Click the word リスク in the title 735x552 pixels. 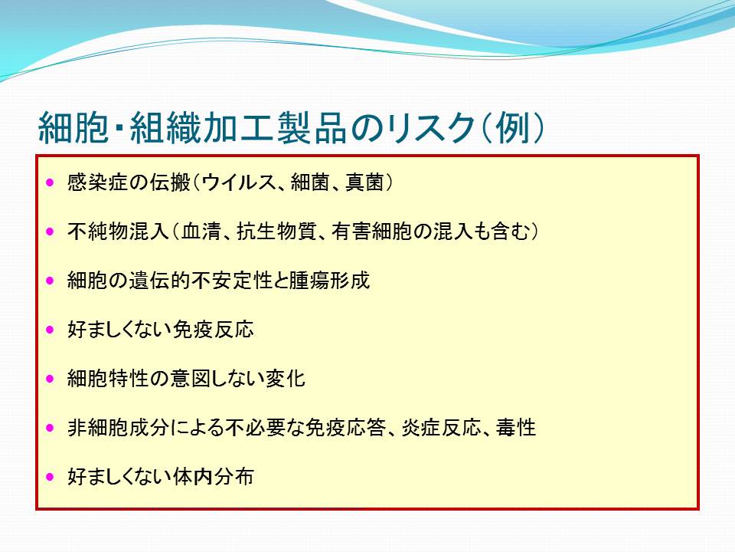(x=432, y=128)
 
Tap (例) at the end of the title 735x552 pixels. (x=513, y=128)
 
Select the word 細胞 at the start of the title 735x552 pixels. (x=73, y=128)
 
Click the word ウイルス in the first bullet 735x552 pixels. (x=240, y=182)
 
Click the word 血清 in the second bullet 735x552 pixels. (x=201, y=232)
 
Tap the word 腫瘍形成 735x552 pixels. (x=329, y=281)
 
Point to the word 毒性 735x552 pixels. (x=516, y=428)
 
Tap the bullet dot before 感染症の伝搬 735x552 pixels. (x=51, y=182)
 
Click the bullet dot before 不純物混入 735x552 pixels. (x=51, y=232)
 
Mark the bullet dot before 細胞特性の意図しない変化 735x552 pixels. (x=51, y=379)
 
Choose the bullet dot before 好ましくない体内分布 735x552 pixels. (x=51, y=477)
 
